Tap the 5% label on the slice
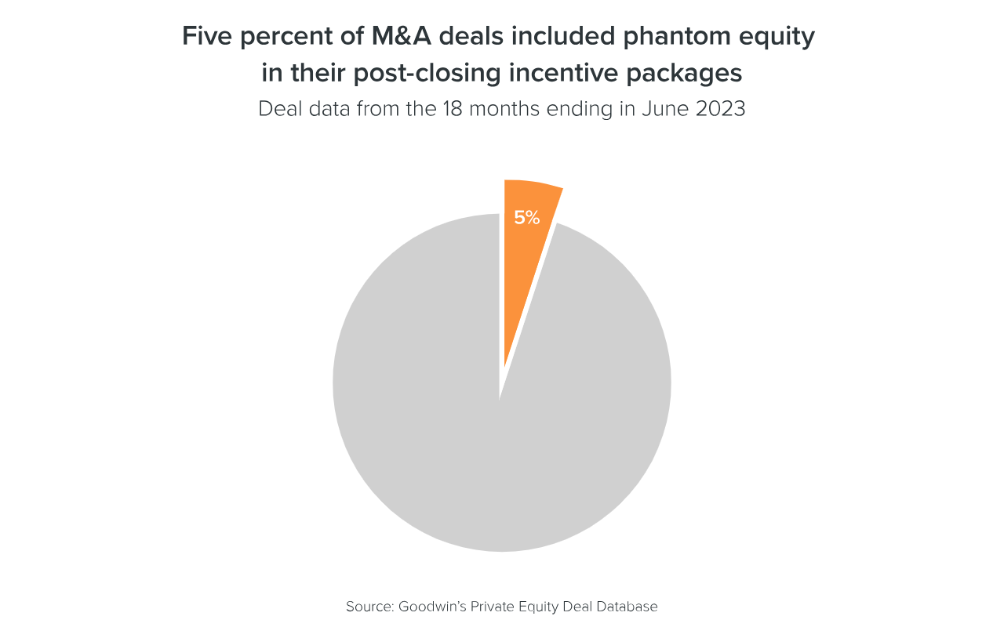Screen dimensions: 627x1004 (527, 218)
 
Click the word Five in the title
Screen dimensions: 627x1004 (206, 36)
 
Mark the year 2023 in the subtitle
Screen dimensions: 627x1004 (720, 108)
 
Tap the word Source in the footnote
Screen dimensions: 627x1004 (369, 607)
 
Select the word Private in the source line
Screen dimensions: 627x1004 (492, 607)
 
